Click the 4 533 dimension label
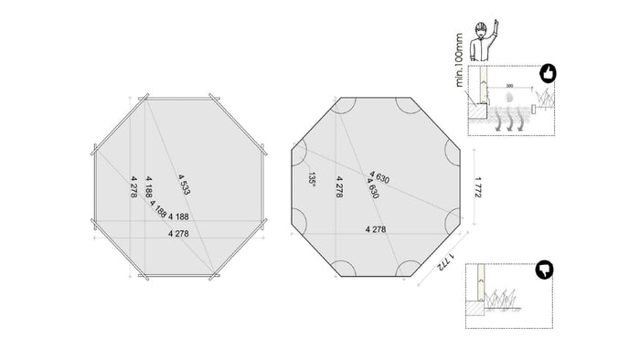point(184,184)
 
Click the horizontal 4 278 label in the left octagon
point(180,234)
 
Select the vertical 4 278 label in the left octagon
point(133,185)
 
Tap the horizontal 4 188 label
point(178,217)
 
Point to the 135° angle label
point(312,179)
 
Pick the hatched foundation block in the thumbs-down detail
point(476,312)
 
